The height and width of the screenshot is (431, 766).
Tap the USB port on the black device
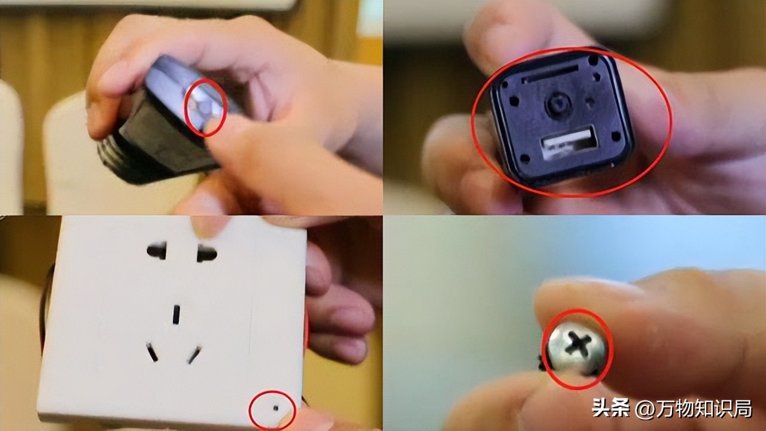point(569,142)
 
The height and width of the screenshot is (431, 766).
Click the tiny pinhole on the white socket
point(276,408)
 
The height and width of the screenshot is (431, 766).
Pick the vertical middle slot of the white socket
point(176,315)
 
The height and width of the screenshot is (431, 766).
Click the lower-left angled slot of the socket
point(152,353)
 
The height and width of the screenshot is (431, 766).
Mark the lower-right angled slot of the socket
point(194,355)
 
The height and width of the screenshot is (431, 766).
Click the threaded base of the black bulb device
point(113,154)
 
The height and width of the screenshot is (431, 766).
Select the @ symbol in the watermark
point(645,409)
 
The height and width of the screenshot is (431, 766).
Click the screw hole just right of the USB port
point(616,136)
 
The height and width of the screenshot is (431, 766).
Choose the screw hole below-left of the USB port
point(525,159)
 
